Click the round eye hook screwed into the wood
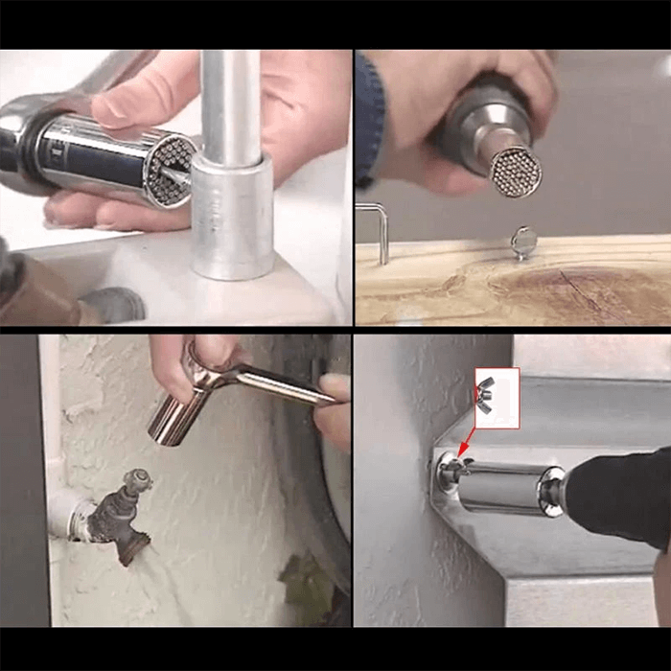point(522,242)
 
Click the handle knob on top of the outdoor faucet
point(138,479)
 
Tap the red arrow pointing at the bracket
point(464,442)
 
